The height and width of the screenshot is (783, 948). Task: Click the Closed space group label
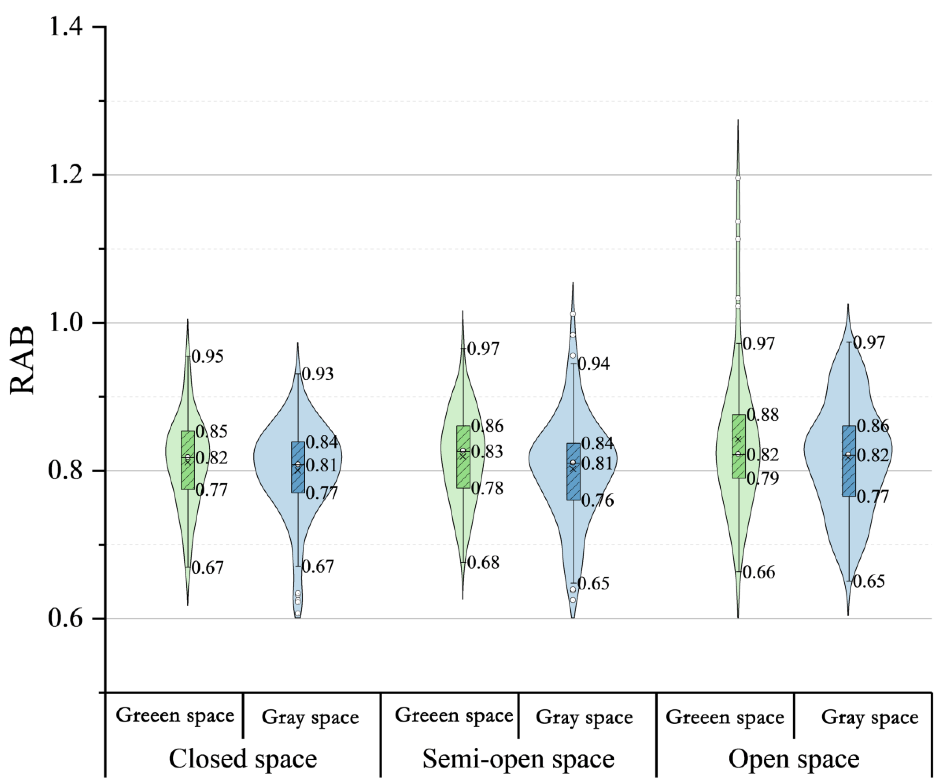point(243,759)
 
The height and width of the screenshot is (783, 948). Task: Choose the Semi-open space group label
point(518,759)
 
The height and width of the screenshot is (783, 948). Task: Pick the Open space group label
point(793,759)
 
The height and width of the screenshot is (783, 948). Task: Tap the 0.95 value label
point(207,356)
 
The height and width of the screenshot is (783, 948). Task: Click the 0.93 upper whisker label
point(318,374)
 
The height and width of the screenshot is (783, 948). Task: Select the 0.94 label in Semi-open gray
point(593,364)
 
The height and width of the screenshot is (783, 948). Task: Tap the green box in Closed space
point(188,460)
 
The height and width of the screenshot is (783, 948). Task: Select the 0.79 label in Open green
point(762,478)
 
